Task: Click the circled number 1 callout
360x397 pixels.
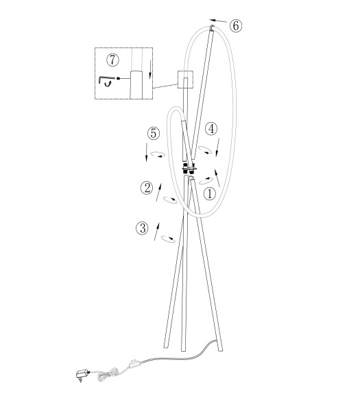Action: point(210,194)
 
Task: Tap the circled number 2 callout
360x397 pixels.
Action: point(147,188)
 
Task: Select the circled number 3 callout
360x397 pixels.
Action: point(143,228)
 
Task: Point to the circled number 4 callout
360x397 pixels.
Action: point(211,129)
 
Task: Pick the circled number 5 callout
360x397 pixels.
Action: point(154,134)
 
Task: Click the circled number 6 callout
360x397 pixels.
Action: point(236,26)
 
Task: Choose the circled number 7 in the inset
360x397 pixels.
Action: point(112,60)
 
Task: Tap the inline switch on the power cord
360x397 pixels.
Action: point(135,364)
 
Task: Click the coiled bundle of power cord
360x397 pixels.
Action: point(108,374)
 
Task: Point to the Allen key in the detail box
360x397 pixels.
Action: point(106,80)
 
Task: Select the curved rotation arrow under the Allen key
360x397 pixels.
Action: point(108,84)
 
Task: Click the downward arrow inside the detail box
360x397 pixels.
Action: point(150,69)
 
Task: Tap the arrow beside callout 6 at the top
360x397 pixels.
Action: point(218,21)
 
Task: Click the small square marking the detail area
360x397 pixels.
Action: point(186,80)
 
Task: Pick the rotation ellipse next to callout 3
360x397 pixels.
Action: point(169,239)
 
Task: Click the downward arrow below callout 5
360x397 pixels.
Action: point(146,152)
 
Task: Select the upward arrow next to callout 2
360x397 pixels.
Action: point(158,192)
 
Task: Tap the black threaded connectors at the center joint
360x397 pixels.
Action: point(189,169)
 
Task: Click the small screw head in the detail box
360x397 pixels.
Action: point(118,78)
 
